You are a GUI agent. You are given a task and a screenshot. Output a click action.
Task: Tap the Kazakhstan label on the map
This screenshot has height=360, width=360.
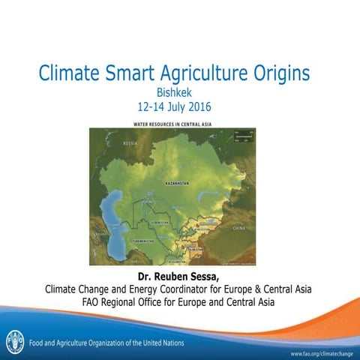[x=177, y=182]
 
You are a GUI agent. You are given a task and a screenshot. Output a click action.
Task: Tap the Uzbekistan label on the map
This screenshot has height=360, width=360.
[x=160, y=223]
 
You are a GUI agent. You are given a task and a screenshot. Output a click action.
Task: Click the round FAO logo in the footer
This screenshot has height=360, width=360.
[x=15, y=340]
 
